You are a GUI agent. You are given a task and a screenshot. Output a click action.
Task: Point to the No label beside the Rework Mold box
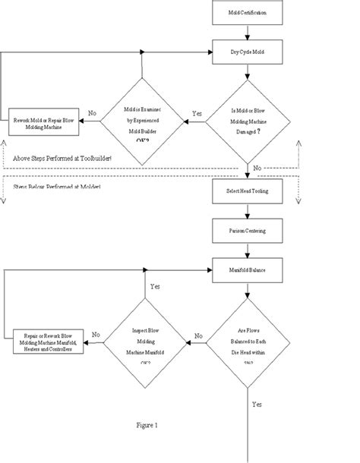(x=93, y=112)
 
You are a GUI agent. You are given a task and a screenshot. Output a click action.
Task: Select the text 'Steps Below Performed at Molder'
(x=57, y=185)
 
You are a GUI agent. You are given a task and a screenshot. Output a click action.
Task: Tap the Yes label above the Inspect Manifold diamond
(x=155, y=288)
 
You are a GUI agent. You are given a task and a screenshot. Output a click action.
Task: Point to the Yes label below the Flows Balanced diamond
(x=257, y=404)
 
